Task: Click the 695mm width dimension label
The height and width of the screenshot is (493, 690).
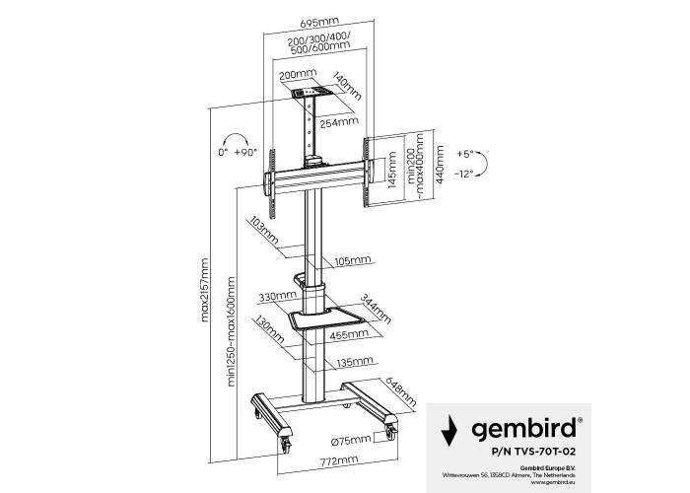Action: click(319, 22)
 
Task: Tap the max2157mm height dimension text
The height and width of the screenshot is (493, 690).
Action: click(205, 290)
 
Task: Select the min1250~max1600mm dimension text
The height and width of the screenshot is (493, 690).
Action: click(232, 332)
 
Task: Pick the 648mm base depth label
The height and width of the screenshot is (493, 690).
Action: click(400, 391)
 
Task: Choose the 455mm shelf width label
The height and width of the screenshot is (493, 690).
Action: click(349, 334)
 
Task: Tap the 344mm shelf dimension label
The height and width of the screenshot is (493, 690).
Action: click(376, 309)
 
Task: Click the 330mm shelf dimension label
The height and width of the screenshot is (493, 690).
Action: click(278, 297)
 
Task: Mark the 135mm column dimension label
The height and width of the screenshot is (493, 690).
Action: click(355, 363)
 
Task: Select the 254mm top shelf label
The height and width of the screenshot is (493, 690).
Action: click(339, 122)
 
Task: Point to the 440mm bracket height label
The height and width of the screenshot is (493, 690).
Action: click(440, 165)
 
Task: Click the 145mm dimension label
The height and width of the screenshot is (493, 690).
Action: click(392, 170)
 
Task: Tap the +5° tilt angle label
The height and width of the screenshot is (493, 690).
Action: click(464, 154)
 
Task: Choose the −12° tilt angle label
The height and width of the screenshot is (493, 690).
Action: click(464, 175)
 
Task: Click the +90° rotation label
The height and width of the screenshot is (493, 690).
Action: click(245, 152)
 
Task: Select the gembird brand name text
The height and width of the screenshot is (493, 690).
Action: click(523, 427)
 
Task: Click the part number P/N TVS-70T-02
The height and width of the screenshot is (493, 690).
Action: click(534, 452)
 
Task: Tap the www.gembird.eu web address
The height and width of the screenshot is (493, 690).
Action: click(553, 482)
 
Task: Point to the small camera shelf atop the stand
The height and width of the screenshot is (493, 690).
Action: click(311, 93)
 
